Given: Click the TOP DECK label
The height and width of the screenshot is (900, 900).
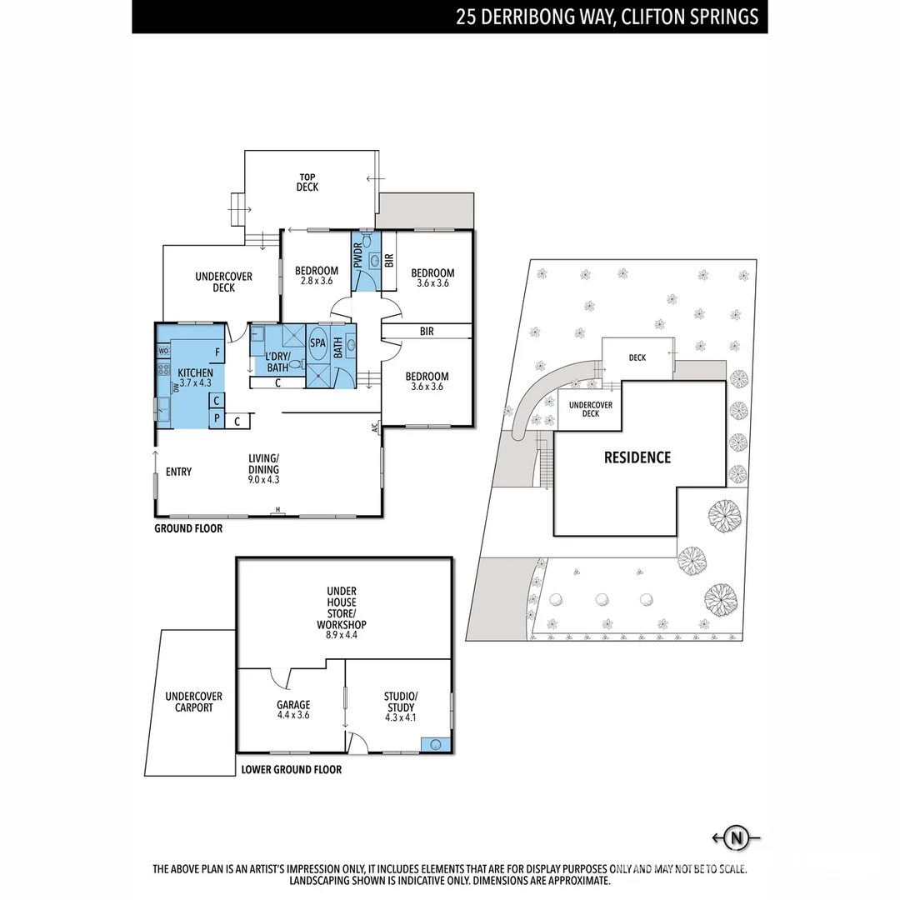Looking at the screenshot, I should pyautogui.click(x=307, y=182).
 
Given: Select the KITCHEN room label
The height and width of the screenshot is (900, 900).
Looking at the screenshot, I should pyautogui.click(x=196, y=372).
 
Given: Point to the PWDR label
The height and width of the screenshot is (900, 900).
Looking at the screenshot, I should pyautogui.click(x=358, y=255).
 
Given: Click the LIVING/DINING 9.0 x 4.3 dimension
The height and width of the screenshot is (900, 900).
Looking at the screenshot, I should pyautogui.click(x=263, y=480).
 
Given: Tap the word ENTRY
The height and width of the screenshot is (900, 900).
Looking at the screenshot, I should pyautogui.click(x=178, y=472).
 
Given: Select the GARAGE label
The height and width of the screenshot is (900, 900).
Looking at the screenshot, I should pyautogui.click(x=293, y=705).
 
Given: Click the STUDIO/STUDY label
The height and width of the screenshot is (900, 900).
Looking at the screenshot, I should pyautogui.click(x=400, y=702).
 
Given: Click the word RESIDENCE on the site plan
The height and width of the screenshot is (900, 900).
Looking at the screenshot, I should pyautogui.click(x=637, y=457).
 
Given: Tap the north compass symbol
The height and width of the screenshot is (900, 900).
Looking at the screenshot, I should pyautogui.click(x=736, y=837).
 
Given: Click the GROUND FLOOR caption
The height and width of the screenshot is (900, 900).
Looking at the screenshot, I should pyautogui.click(x=188, y=528).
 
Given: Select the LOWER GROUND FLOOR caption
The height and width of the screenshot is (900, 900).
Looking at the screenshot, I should pyautogui.click(x=291, y=770).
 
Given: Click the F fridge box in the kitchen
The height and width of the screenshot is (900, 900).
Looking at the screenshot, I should pyautogui.click(x=217, y=352).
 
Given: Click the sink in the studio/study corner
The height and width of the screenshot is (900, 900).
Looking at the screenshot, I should pyautogui.click(x=434, y=743).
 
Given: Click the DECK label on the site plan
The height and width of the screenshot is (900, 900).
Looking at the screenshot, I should pyautogui.click(x=637, y=357).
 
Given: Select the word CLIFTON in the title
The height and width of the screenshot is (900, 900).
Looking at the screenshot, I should pyautogui.click(x=651, y=17).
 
